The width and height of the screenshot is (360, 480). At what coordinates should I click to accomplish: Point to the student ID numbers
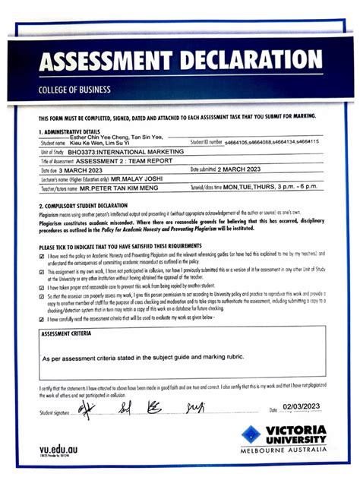(x=273, y=142)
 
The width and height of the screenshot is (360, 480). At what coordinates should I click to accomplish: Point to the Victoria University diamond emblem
(x=251, y=435)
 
